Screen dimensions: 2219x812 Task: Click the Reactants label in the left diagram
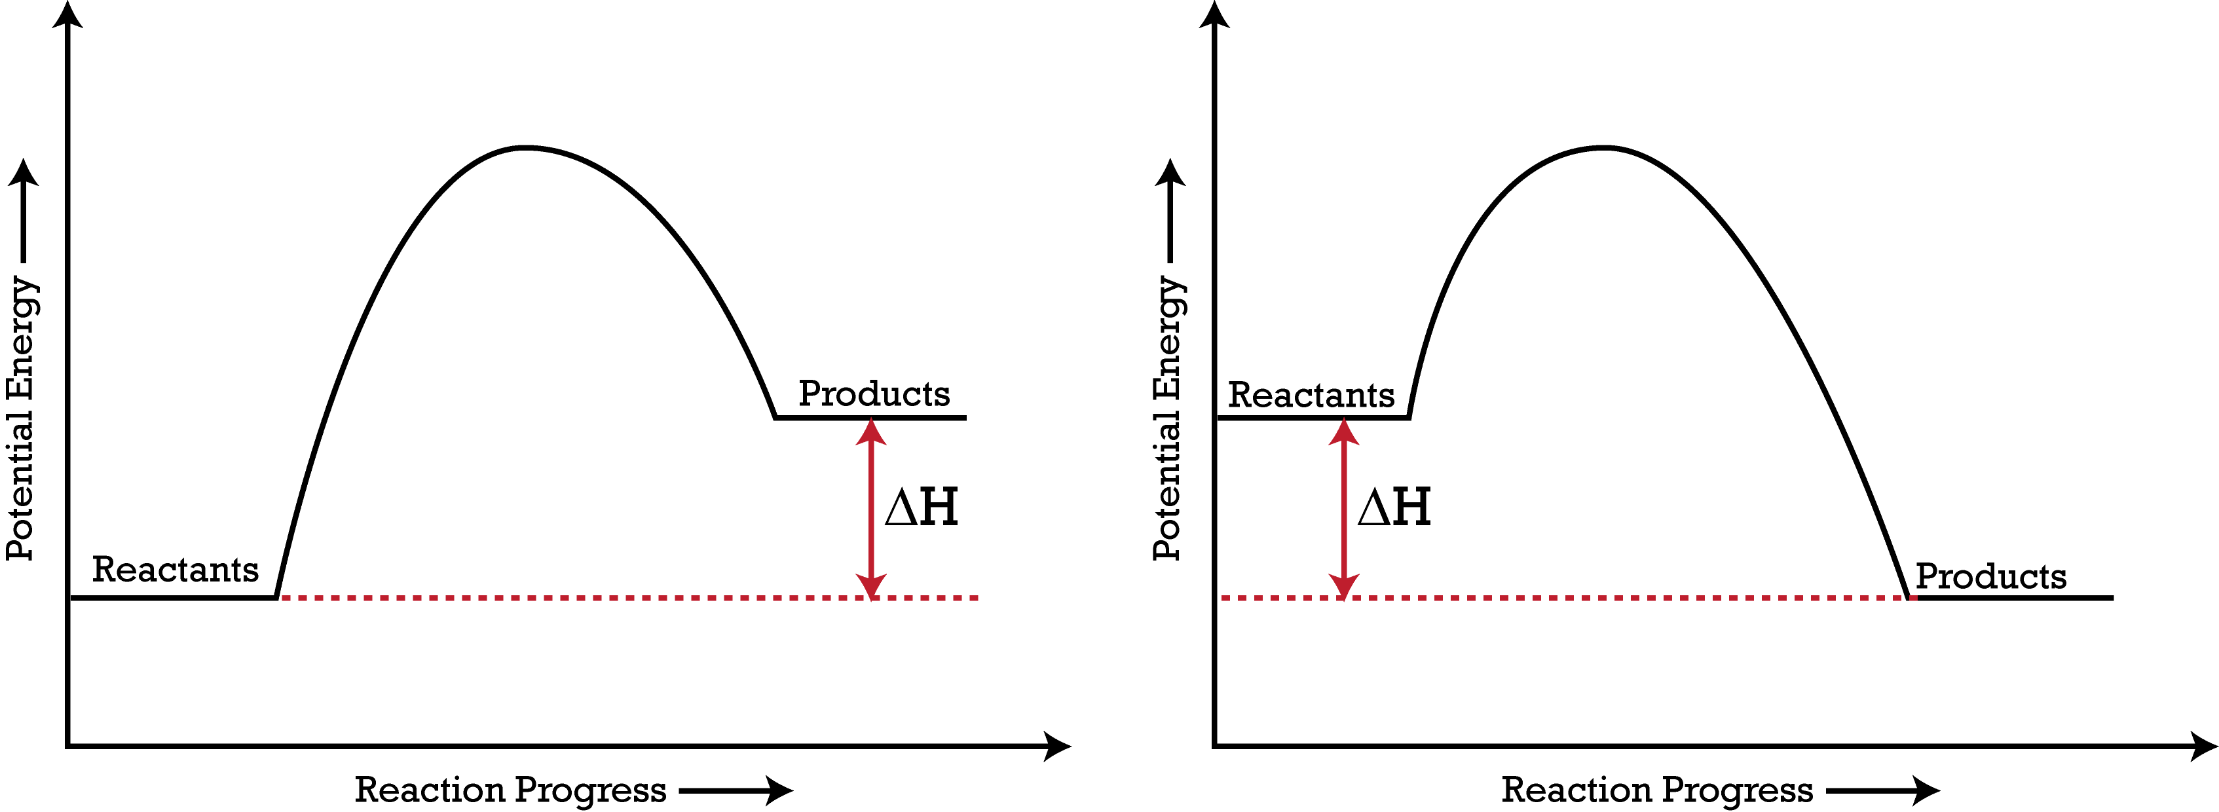pyautogui.click(x=175, y=570)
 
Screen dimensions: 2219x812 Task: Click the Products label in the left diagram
pyautogui.click(x=874, y=394)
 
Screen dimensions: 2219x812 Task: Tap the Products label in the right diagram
pyautogui.click(x=1990, y=576)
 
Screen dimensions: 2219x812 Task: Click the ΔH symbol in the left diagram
pyautogui.click(x=921, y=507)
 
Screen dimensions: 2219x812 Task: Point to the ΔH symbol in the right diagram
pyautogui.click(x=1394, y=507)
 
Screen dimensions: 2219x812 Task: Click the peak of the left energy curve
pyautogui.click(x=524, y=148)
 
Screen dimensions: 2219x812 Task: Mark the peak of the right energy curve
pyautogui.click(x=1603, y=148)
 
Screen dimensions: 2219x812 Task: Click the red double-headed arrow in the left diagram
pyautogui.click(x=871, y=508)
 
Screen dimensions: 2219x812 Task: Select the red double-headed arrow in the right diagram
pyautogui.click(x=1344, y=508)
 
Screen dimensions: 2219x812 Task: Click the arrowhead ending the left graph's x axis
pyautogui.click(x=1055, y=746)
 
